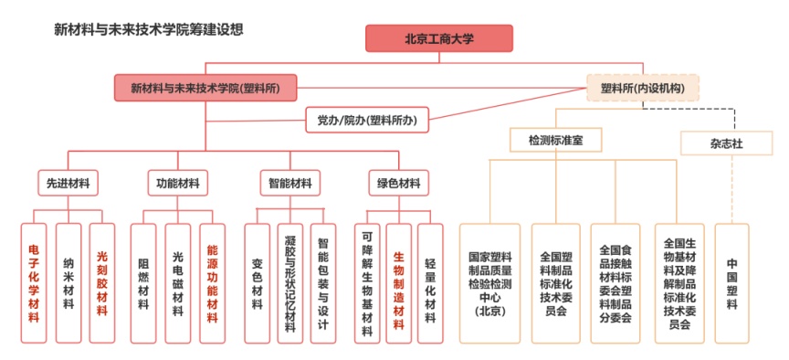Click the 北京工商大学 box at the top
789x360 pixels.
coord(438,38)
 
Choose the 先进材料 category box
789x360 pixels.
coord(68,183)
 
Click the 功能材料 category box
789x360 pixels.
coord(178,183)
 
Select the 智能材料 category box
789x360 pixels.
coord(289,183)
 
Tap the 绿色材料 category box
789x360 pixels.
coord(398,183)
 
